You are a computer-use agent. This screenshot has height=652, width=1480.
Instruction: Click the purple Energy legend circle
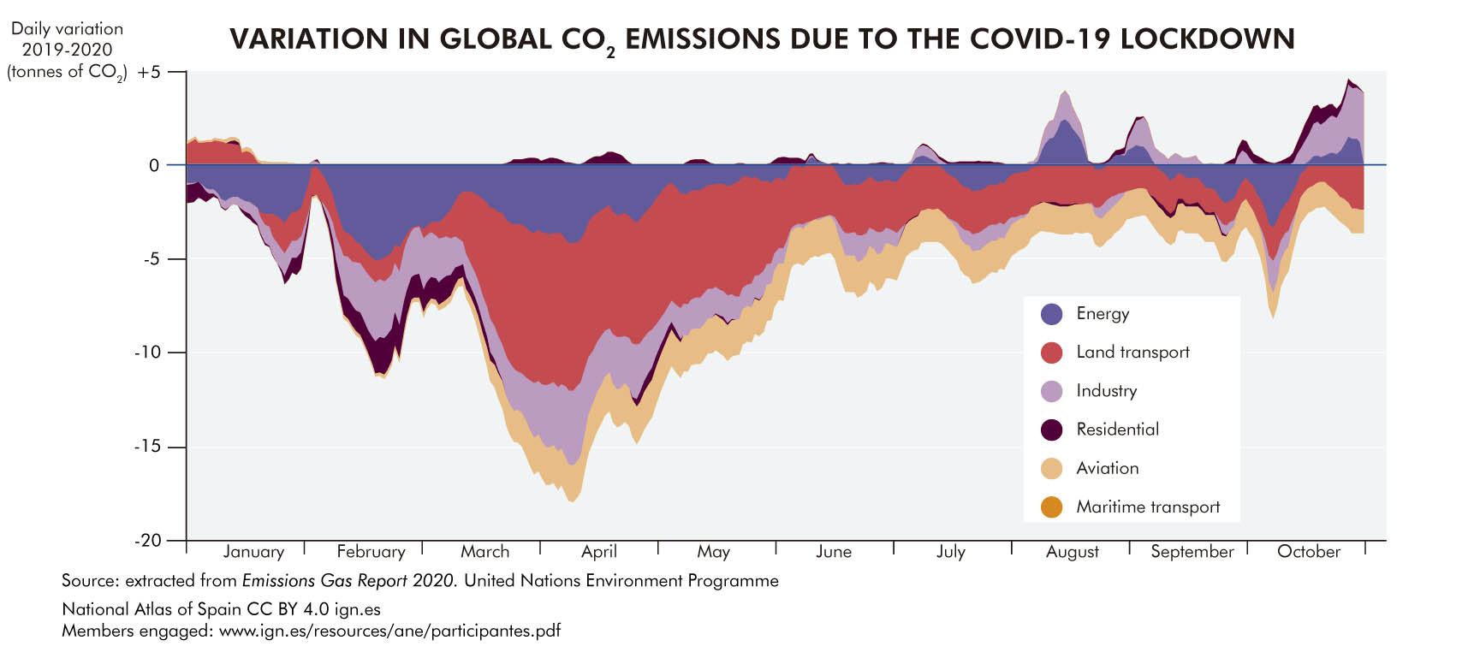1051,314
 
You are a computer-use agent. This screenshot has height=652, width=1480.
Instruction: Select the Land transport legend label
1132,353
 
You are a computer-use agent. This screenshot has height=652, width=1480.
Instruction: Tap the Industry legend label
1106,391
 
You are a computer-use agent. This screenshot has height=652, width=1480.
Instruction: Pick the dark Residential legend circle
1051,430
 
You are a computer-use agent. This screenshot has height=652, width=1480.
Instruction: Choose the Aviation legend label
1107,468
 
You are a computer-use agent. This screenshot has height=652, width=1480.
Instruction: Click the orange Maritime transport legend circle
1051,507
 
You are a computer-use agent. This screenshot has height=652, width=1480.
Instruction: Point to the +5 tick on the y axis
150,72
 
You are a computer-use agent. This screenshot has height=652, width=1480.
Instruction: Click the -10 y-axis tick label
147,353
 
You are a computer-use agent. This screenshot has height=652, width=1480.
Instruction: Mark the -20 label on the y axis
147,541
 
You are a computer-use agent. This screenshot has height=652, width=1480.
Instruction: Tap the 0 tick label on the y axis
154,165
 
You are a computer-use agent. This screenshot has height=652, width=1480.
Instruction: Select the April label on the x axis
599,552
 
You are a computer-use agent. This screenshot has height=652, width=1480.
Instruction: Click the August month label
1072,553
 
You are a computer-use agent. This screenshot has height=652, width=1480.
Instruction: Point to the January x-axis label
253,552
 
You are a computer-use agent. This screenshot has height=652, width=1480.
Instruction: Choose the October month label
1308,552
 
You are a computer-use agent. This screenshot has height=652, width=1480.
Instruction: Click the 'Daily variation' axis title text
67,29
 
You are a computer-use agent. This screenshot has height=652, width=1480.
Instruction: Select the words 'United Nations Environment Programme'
621,581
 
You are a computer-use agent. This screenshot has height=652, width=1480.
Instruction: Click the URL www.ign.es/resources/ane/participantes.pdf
389,631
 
